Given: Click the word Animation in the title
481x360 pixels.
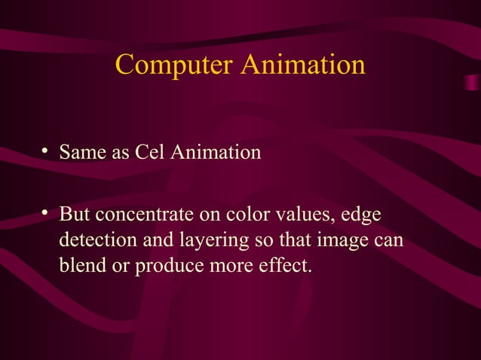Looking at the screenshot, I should pos(303,65).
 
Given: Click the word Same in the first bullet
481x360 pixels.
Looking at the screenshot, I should pos(83,154).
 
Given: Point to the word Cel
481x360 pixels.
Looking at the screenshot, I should pos(150,154).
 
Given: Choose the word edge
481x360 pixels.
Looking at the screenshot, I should pos(362,216).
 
